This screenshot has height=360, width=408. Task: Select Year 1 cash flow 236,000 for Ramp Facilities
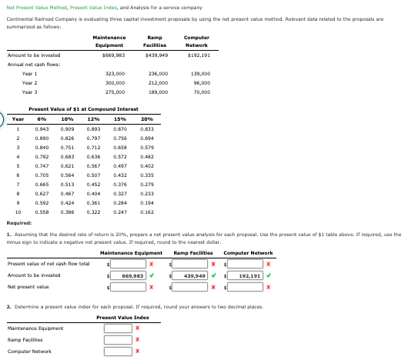coord(157,73)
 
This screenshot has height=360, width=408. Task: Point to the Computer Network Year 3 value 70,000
coord(202,92)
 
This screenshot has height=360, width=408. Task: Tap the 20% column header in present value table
coord(147,119)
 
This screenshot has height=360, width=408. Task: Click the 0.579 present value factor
coord(147,147)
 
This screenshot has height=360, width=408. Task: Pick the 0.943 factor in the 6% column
coord(42,128)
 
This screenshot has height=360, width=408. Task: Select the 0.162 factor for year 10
coord(147,211)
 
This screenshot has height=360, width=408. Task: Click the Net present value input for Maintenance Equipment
coord(129,286)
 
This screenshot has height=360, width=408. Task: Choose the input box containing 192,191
coord(248,275)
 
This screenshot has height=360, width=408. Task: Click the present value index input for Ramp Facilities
coord(119,339)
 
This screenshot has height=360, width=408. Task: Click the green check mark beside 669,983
coord(152,275)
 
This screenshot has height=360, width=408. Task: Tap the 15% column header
coord(120,119)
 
